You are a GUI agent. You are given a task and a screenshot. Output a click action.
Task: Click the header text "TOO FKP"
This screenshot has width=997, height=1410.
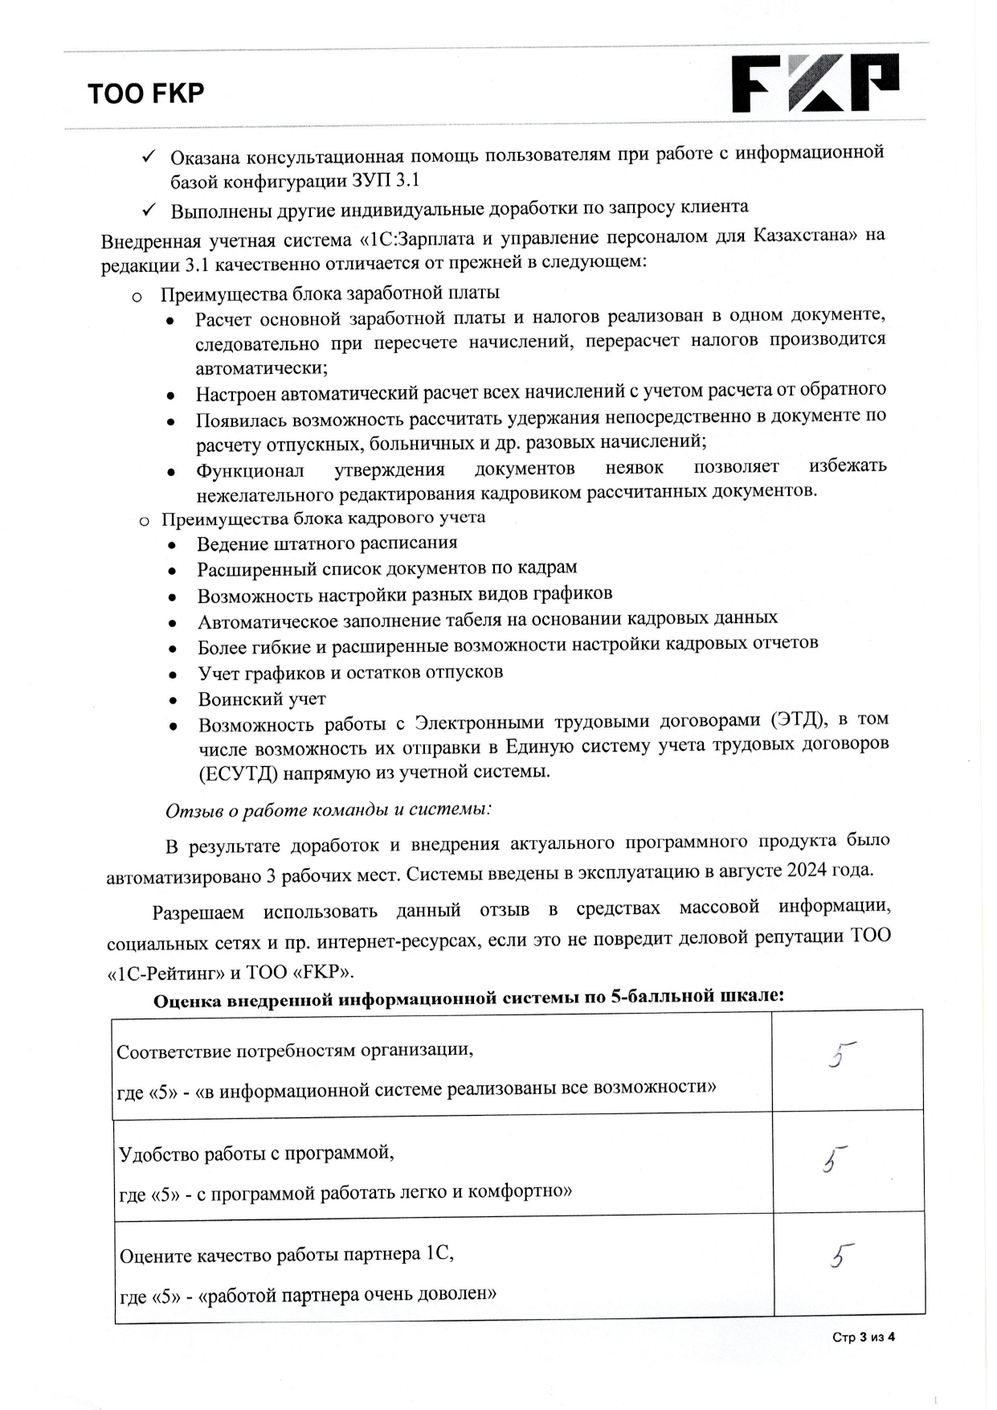click(146, 94)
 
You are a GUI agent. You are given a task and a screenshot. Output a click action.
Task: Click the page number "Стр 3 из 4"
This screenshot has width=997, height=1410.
click(863, 1337)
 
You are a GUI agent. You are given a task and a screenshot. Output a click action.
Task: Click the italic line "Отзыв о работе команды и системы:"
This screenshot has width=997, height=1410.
click(328, 810)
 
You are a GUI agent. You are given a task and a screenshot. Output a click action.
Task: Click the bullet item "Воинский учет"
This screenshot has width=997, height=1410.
click(262, 699)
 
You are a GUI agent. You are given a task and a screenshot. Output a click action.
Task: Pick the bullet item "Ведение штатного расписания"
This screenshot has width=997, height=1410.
click(327, 543)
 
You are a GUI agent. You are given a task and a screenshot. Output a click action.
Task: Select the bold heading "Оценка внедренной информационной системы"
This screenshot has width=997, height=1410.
click(468, 998)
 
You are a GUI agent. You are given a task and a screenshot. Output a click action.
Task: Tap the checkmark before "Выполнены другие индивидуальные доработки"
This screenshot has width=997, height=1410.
click(148, 211)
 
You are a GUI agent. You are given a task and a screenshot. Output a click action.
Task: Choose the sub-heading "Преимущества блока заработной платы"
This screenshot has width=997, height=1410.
click(329, 293)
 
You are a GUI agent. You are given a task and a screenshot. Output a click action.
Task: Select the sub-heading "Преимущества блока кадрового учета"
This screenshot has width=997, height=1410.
click(323, 519)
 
